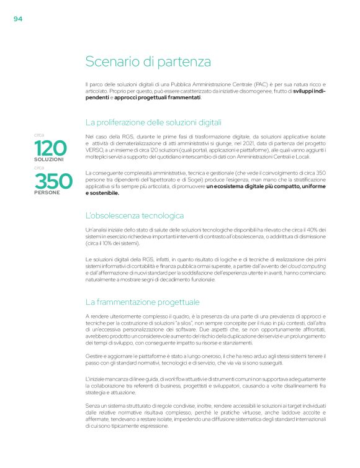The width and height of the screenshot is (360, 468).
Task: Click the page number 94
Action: (18, 19)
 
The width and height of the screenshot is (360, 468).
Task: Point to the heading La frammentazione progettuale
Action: (142, 302)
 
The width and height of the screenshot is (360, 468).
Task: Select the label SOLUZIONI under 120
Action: (49, 160)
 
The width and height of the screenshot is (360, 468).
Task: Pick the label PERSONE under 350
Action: (47, 193)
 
